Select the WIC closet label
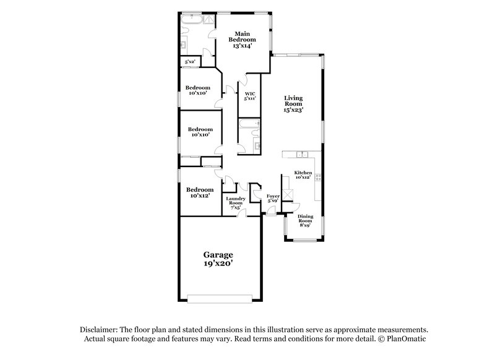coord(250,96)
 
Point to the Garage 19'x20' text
coord(219,259)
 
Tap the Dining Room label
coord(305,221)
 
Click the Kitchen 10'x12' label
coord(303,174)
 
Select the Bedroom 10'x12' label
coord(200,192)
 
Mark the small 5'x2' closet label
coord(188,62)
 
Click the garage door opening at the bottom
coord(220,299)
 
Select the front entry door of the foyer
coord(270,213)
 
